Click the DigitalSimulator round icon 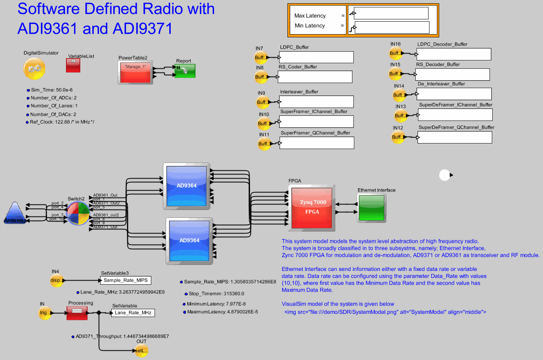pos(34,68)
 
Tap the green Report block pos(185,71)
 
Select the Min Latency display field pos(392,28)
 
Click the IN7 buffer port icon pos(261,58)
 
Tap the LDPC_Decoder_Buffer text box pos(453,54)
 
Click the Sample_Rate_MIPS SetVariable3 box pos(125,280)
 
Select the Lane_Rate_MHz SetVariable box pos(133,313)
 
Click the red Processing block pos(77,313)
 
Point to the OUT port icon pos(141,351)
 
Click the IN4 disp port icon pos(56,280)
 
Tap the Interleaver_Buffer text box pos(316,102)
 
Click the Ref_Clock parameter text pos(62,122)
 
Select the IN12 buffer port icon pos(398,137)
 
